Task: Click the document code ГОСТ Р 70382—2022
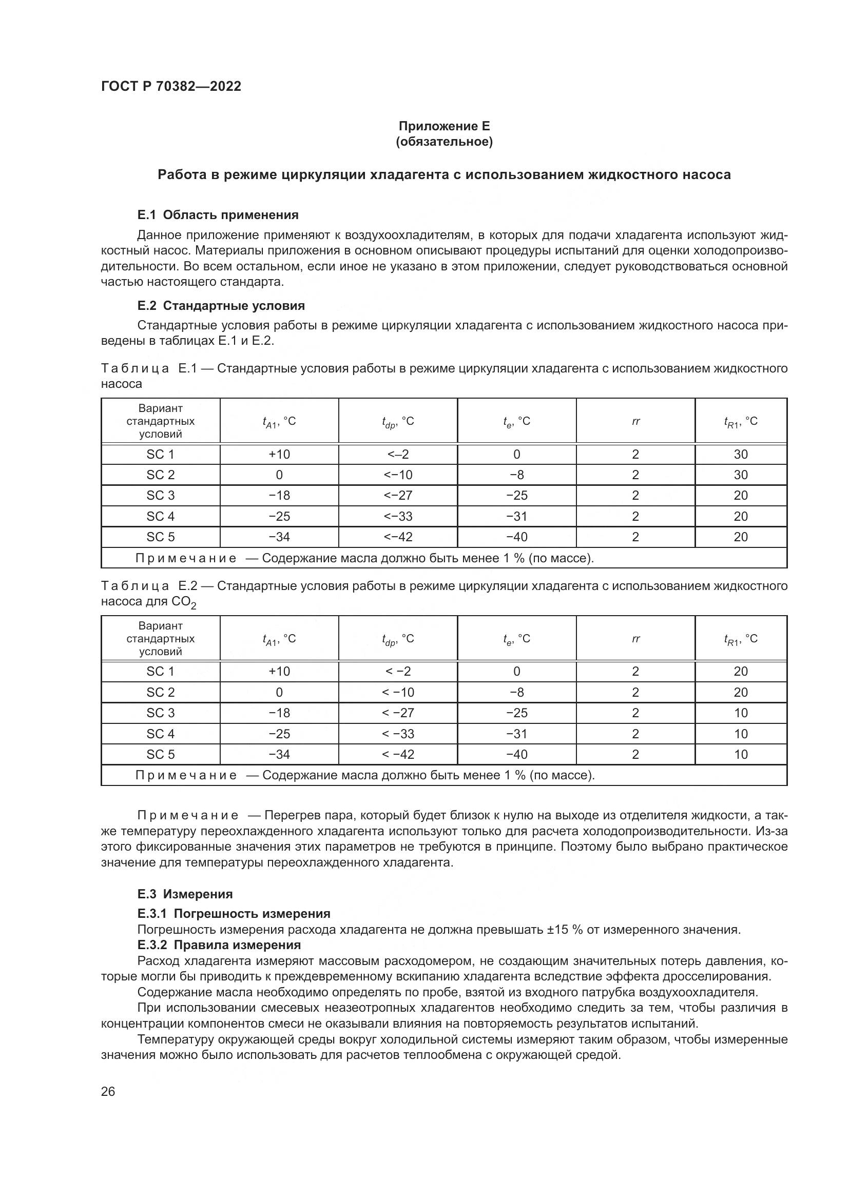(x=171, y=86)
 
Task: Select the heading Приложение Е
(x=444, y=126)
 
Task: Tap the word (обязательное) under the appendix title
(x=444, y=142)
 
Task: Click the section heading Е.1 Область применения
(x=218, y=215)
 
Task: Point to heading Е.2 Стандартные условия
(x=221, y=305)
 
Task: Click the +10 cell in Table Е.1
(x=279, y=454)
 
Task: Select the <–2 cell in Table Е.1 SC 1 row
(x=398, y=454)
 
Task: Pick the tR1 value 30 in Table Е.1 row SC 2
(x=740, y=475)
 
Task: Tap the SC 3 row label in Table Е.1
(x=160, y=496)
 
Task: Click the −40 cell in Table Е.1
(x=516, y=537)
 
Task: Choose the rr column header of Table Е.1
(x=635, y=421)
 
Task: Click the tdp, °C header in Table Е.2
(x=398, y=639)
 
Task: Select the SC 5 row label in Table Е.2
(x=160, y=754)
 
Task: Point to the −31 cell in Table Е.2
(x=516, y=734)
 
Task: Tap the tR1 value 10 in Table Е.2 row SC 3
(x=740, y=713)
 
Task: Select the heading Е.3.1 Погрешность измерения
(x=234, y=913)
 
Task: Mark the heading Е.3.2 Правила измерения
(x=219, y=945)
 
